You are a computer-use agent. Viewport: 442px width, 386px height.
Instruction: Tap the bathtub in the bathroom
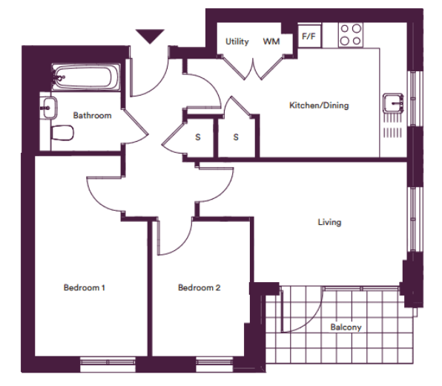(x=86, y=77)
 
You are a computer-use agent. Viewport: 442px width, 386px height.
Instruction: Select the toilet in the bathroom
(x=62, y=133)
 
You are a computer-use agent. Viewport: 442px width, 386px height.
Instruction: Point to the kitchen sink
(x=393, y=102)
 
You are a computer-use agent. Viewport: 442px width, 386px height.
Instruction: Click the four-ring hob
(x=350, y=35)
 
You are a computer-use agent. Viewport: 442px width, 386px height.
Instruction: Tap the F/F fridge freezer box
(x=309, y=36)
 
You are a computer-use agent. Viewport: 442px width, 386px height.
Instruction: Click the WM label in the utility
(x=271, y=42)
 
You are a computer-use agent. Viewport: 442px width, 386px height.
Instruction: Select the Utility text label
(x=237, y=42)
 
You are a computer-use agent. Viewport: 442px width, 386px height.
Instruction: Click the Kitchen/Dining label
(x=319, y=105)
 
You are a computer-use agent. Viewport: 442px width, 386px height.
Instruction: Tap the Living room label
(x=329, y=223)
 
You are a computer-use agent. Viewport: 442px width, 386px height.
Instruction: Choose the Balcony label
(x=346, y=327)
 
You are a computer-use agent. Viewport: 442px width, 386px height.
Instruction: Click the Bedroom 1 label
(x=85, y=288)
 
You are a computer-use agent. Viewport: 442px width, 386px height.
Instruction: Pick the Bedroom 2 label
(x=199, y=288)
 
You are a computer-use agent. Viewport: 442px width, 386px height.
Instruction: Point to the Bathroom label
(x=92, y=115)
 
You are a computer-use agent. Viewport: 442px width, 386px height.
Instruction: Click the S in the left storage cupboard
(x=198, y=137)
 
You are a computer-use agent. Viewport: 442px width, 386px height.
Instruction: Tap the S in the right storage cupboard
(x=236, y=137)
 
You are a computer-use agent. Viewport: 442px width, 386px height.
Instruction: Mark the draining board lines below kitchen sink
(x=392, y=125)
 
